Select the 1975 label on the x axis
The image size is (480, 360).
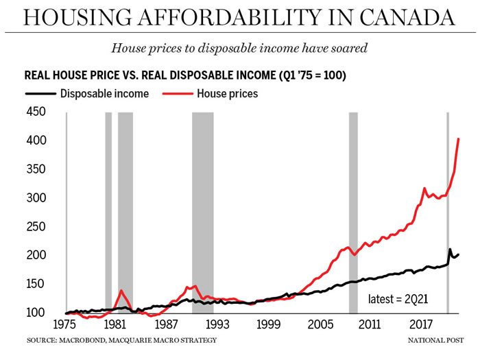66,324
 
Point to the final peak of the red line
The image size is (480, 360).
458,139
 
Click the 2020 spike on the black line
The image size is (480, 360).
450,250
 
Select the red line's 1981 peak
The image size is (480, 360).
121,291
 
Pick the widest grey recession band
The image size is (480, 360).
202,213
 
